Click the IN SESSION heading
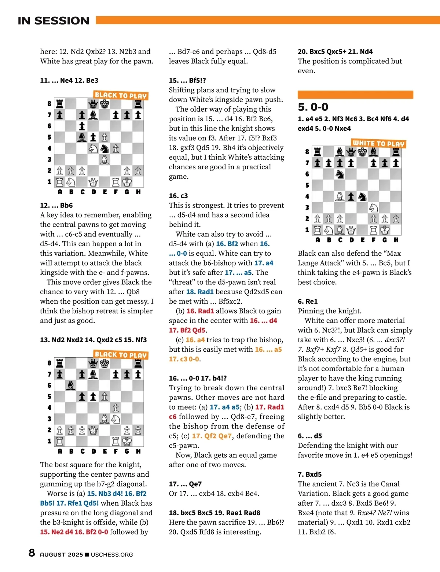[54, 21]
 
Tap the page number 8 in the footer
[32, 553]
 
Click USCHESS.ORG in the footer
[112, 554]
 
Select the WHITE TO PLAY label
[378, 144]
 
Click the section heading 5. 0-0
[313, 107]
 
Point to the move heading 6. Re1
[308, 301]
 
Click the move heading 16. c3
[178, 196]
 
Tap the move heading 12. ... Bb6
[56, 205]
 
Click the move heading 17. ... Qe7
[185, 484]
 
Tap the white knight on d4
[93, 148]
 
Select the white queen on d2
[93, 430]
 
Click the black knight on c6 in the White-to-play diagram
[340, 174]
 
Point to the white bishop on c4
[340, 196]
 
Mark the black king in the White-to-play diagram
[362, 152]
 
